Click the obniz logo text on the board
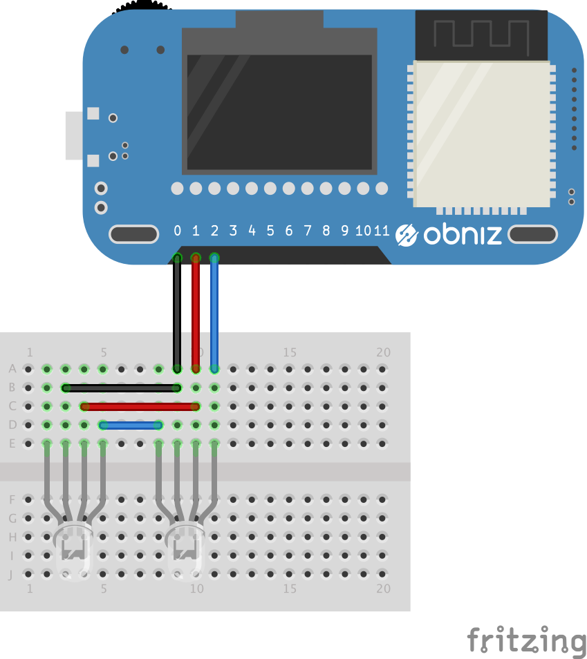click(463, 234)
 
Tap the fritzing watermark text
click(527, 641)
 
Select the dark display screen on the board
click(279, 112)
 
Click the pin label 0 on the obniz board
click(177, 230)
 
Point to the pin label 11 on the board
click(382, 230)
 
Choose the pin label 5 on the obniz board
click(270, 230)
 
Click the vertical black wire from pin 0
click(177, 314)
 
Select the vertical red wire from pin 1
click(196, 314)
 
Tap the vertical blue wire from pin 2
click(214, 314)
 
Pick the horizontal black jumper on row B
click(122, 388)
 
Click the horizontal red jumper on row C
click(140, 406)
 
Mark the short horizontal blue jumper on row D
click(131, 426)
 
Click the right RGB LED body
click(185, 551)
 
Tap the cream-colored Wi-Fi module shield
click(482, 133)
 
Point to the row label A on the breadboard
click(12, 369)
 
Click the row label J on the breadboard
click(11, 574)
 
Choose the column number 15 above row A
click(290, 352)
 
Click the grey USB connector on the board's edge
click(74, 135)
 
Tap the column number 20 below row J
click(383, 589)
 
